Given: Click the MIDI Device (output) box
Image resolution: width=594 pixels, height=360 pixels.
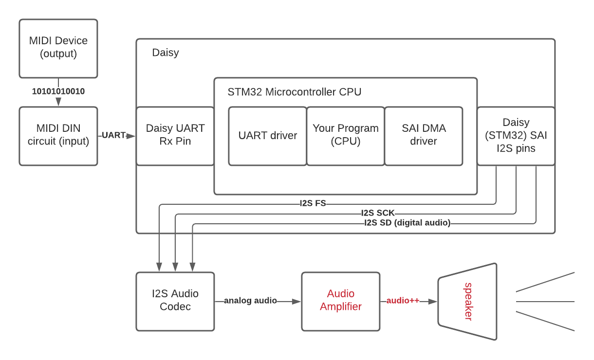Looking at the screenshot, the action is (58, 49).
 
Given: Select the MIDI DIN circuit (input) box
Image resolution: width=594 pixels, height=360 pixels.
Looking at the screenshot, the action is (58, 136).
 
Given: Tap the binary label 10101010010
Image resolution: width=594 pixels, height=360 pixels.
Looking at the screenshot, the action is (58, 91).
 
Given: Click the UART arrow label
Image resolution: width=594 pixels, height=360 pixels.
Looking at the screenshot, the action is (113, 135).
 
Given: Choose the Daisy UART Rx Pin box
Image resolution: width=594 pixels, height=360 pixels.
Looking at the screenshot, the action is (175, 136).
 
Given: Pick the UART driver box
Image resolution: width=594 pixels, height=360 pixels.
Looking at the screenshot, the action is (268, 136).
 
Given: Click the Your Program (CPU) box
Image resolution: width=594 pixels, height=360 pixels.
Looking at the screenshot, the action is (346, 136).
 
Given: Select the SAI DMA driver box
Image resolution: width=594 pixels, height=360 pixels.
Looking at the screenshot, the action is (424, 136).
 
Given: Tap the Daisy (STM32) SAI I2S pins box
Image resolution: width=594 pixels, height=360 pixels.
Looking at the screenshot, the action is (516, 136).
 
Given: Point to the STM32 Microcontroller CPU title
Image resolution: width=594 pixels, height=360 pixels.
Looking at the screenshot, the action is (295, 92).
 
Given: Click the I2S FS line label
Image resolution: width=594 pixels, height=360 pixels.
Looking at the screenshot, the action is (313, 203).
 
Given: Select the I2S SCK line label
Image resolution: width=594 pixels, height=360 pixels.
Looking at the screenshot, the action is (378, 213).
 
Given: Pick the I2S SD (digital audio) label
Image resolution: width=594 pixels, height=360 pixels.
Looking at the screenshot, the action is (408, 222).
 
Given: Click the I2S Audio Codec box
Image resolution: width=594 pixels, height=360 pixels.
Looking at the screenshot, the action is (175, 302).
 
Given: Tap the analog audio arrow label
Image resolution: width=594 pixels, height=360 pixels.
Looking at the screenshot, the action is (250, 300).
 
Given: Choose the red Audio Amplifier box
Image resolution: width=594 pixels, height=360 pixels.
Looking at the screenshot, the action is (341, 302).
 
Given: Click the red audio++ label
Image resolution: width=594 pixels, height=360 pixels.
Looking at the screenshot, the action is (403, 300).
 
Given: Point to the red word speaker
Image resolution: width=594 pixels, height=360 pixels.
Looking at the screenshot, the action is (468, 302).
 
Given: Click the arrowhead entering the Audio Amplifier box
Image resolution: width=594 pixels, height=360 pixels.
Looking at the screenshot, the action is (296, 302).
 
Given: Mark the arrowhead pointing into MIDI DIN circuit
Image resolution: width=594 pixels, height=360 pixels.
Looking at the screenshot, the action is (58, 102).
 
